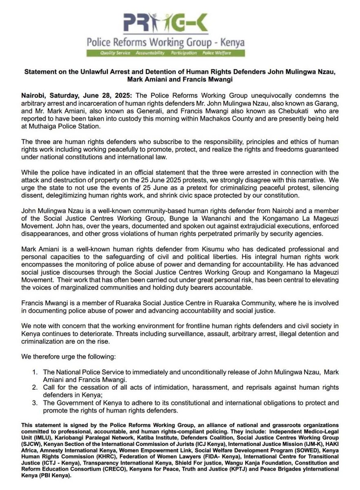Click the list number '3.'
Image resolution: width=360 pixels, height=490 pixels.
click(36, 402)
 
